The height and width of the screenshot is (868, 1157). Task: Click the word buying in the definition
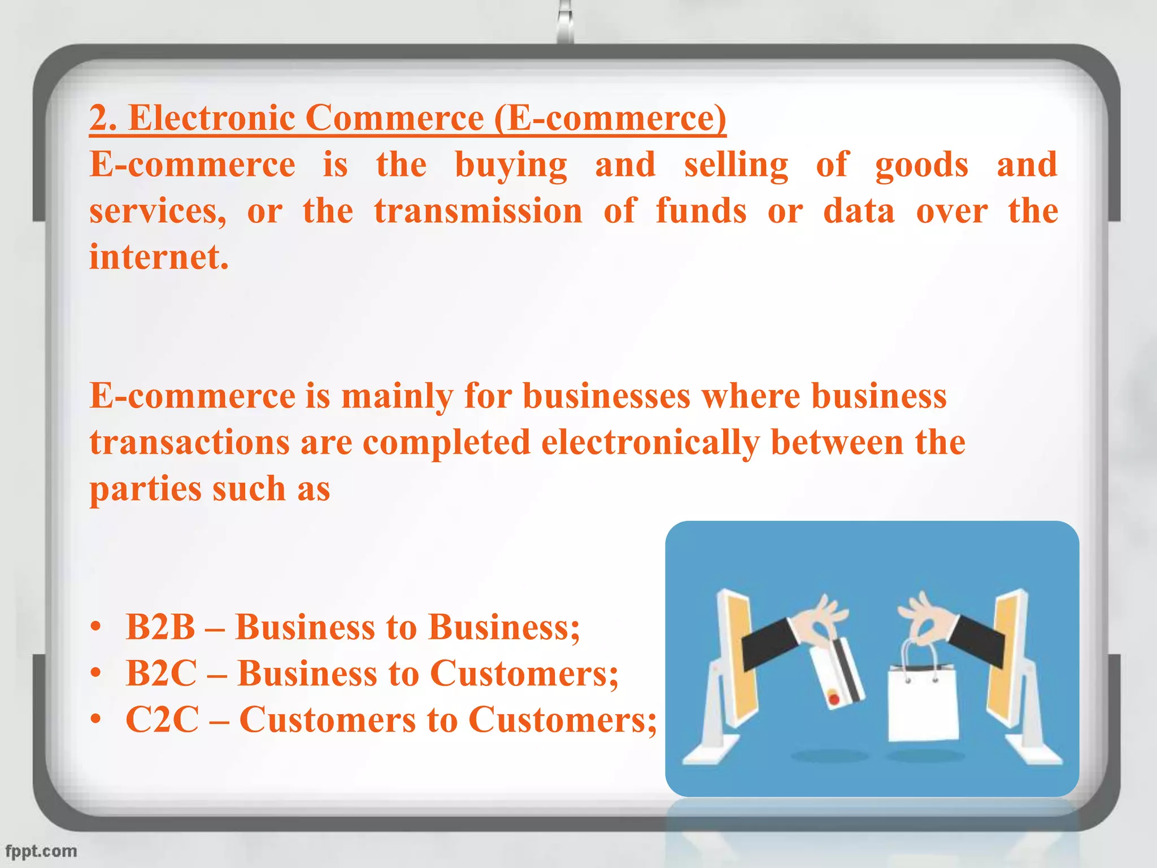[x=511, y=166]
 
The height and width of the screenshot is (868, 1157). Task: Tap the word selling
[x=736, y=166]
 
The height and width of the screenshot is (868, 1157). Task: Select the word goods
[x=921, y=166]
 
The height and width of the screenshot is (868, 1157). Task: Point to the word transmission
[x=478, y=211]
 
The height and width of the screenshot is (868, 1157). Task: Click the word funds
[x=701, y=211]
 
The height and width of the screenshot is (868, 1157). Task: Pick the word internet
[x=159, y=257]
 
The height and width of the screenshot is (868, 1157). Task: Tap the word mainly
[x=397, y=396]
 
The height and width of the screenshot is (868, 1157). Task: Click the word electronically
[x=650, y=442]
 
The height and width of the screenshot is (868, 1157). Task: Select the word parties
[x=145, y=489]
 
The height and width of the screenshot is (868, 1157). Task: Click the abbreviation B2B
[x=160, y=627]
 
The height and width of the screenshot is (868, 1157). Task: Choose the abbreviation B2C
[x=162, y=674]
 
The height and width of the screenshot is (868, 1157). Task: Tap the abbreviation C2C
[x=162, y=720]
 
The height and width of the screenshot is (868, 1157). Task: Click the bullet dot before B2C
[x=97, y=674]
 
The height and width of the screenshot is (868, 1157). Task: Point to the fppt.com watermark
[x=41, y=851]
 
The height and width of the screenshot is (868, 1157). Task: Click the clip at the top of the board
[x=564, y=23]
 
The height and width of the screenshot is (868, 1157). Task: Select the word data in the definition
[x=859, y=211]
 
